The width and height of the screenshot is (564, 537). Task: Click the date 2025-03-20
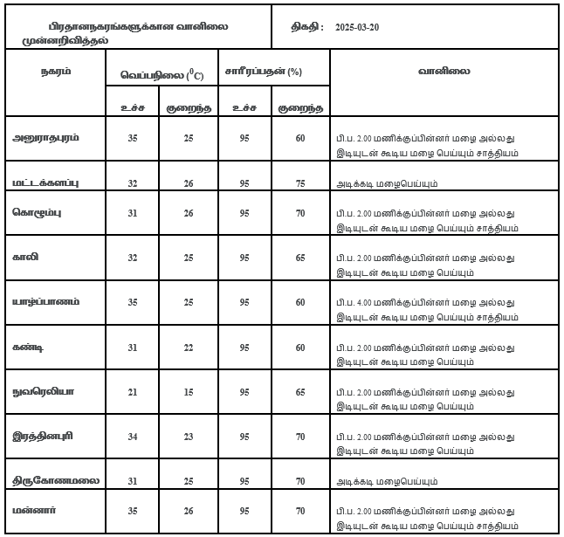(x=357, y=26)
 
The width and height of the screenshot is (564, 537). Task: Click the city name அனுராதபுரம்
(x=47, y=138)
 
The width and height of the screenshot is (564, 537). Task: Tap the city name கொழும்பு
(x=38, y=212)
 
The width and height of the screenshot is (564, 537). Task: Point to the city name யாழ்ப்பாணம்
(x=47, y=301)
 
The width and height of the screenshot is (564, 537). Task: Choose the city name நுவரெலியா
(x=44, y=394)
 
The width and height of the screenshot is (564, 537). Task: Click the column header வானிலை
(x=444, y=72)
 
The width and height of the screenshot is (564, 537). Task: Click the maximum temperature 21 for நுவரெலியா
(x=133, y=394)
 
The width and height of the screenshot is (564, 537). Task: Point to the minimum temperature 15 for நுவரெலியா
(x=189, y=394)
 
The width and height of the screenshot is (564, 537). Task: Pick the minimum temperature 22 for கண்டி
(x=189, y=348)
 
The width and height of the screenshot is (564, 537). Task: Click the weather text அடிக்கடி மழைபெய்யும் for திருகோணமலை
(x=388, y=481)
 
